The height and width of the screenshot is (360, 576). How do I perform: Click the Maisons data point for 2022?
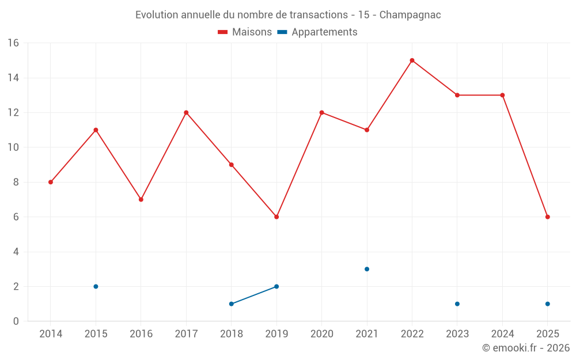pos(412,60)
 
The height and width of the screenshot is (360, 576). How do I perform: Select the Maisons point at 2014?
pos(51,182)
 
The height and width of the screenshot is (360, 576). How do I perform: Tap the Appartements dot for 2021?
pos(367,269)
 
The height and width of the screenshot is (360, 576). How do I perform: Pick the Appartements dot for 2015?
pos(96,286)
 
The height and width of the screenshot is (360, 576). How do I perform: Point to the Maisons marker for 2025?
pos(548,217)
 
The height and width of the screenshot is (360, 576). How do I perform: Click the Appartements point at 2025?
pos(548,304)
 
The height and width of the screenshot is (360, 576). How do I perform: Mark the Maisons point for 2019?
pos(276,217)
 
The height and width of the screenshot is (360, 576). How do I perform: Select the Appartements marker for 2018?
pos(232,304)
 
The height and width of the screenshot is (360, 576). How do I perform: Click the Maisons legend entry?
pos(245,32)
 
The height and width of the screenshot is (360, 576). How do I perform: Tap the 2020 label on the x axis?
pos(321,334)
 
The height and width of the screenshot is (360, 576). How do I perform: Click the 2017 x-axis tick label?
pos(186,334)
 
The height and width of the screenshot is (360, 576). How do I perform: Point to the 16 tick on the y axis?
pos(13,43)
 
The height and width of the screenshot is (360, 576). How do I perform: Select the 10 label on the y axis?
pos(13,147)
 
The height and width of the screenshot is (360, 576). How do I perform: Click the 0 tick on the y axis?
pos(16,321)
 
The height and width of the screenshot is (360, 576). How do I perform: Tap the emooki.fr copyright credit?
pos(525,348)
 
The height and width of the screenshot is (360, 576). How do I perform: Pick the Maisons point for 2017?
pos(186,112)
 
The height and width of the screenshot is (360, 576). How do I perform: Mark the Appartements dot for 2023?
pos(457,304)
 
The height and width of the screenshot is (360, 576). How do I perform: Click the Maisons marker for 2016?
pos(141,199)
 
